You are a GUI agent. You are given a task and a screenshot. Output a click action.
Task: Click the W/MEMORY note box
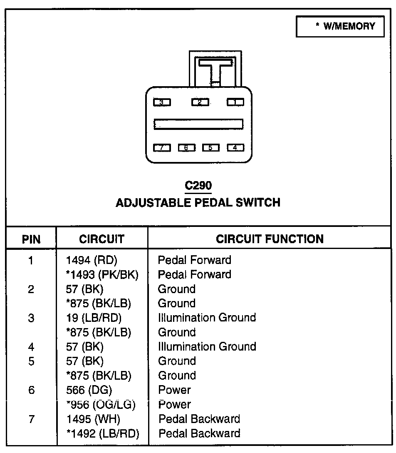340,27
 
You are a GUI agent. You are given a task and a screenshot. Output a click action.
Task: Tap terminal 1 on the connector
235,102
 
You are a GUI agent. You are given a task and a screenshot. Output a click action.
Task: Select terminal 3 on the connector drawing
162,102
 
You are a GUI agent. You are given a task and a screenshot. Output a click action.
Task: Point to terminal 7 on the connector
162,147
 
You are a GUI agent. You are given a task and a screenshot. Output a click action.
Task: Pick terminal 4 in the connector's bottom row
235,147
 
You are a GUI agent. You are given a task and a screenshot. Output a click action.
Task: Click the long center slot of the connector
198,124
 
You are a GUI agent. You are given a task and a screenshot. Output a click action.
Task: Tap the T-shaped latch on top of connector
215,69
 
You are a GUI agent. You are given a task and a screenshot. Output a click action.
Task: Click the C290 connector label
198,186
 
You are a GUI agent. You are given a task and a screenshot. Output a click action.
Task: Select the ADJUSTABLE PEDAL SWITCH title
198,203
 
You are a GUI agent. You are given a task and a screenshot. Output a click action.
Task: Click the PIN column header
31,239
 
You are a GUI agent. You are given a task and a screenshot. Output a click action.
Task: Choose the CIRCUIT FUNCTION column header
270,239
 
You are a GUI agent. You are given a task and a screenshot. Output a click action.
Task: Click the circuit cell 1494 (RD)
92,261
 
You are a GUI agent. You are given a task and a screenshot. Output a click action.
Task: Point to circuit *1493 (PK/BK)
102,275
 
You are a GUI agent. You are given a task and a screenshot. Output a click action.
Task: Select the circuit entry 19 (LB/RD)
94,318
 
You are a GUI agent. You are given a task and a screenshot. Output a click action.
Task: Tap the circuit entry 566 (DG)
89,390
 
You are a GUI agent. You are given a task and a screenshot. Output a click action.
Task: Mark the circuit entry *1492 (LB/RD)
102,433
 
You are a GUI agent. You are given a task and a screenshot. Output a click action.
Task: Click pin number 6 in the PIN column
31,390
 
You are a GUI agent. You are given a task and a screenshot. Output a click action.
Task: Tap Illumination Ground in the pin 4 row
207,347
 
